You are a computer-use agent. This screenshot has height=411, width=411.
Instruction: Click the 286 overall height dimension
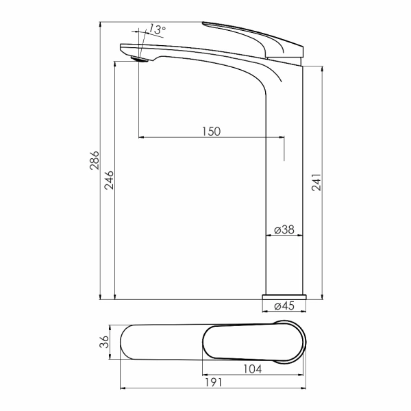pyautogui.click(x=95, y=160)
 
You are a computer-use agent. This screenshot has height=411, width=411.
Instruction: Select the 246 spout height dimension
pyautogui.click(x=109, y=180)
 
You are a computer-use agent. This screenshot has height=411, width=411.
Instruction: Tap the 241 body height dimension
pyautogui.click(x=316, y=182)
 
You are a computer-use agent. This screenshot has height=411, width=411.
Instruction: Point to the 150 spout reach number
pyautogui.click(x=211, y=132)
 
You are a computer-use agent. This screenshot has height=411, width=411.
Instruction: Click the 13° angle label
pyautogui.click(x=157, y=29)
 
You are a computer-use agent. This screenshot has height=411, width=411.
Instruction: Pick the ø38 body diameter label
pyautogui.click(x=284, y=229)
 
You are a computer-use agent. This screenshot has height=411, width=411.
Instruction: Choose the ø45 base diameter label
pyautogui.click(x=284, y=306)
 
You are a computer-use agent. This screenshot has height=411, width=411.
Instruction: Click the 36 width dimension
pyautogui.click(x=104, y=342)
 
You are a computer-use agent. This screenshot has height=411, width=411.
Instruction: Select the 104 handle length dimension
pyautogui.click(x=252, y=369)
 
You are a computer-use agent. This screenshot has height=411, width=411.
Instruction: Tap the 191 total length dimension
pyautogui.click(x=213, y=382)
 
